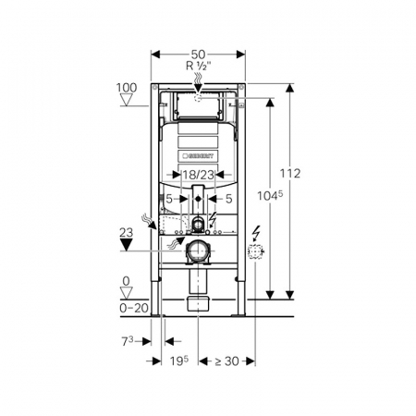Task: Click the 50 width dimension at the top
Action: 198,55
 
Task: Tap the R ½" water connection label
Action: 199,66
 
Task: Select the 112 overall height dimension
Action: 290,174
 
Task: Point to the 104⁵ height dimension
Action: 270,196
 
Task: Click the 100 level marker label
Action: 127,88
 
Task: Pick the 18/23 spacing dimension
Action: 198,175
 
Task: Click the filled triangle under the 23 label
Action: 126,245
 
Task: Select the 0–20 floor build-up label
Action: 134,308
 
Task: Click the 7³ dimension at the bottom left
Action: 128,341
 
